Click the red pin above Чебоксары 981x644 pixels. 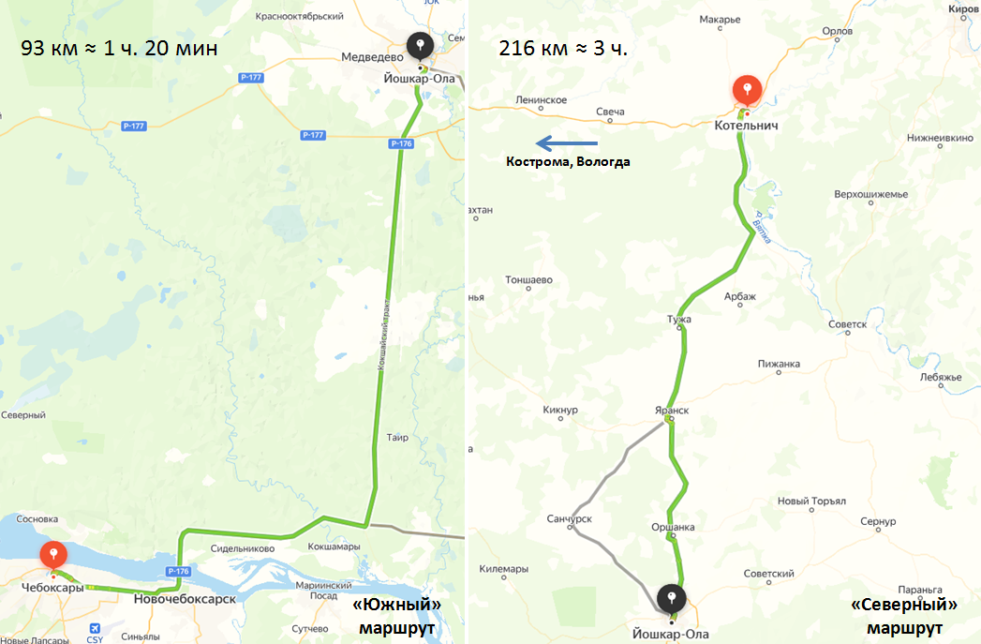[x=53, y=554]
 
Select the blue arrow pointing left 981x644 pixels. [x=566, y=142]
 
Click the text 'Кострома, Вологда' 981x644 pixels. [x=568, y=162]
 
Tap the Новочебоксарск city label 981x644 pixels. [x=185, y=598]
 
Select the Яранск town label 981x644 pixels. [x=671, y=411]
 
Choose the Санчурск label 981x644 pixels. [x=571, y=518]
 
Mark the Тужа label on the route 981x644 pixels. [x=678, y=320]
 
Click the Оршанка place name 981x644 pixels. [x=673, y=527]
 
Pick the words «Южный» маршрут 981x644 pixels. [x=396, y=616]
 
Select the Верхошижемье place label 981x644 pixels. [x=870, y=194]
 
